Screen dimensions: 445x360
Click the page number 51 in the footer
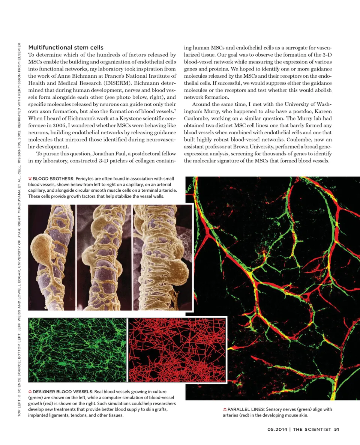[x=336, y=430]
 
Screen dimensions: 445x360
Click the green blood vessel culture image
[x=77, y=350]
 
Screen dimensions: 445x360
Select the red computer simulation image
[x=177, y=350]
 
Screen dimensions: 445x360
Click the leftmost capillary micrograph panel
[x=51, y=257]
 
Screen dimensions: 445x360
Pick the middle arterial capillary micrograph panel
[x=104, y=257]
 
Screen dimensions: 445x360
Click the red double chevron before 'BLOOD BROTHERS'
[x=30, y=178]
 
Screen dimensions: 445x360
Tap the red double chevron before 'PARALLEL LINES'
[x=224, y=409]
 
